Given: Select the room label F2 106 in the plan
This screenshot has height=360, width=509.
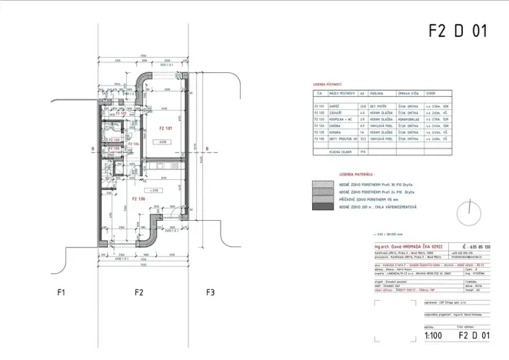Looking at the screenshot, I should coord(138,199).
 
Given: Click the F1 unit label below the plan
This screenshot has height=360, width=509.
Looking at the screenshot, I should coord(62,293).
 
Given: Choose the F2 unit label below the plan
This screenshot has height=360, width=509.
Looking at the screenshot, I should coord(139,293).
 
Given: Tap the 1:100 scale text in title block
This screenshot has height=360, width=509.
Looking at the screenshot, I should coord(433,335).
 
